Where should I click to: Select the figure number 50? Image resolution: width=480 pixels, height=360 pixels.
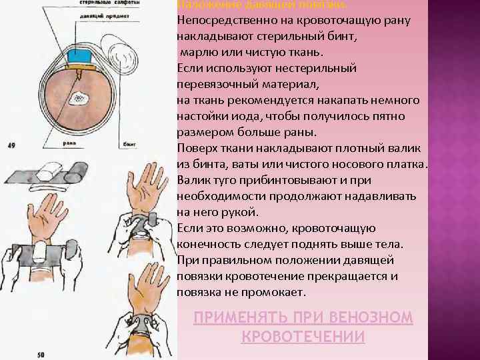[x=41, y=355]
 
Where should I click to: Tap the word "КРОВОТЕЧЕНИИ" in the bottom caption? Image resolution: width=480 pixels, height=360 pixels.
[x=303, y=337]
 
